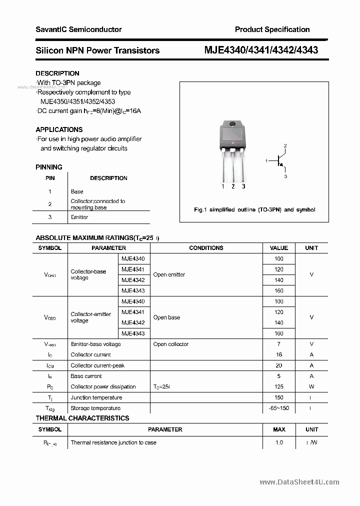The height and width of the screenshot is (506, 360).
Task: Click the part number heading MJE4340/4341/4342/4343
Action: [x=261, y=50]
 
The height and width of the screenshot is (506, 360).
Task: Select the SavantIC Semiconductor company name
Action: [x=78, y=29]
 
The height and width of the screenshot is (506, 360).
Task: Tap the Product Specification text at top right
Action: [x=272, y=29]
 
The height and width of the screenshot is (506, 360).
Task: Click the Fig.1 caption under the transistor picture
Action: [x=254, y=210]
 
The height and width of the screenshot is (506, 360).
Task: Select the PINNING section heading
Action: [x=49, y=167]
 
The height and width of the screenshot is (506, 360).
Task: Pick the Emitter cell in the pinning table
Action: [x=79, y=217]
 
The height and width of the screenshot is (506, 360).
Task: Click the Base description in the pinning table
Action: [x=77, y=191]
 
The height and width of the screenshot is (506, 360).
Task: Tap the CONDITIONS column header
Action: [x=206, y=248]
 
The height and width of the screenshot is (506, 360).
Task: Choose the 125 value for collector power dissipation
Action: [x=279, y=386]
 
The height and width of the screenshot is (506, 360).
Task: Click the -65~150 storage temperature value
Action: [x=279, y=408]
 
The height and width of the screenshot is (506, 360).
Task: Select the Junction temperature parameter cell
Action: [x=96, y=397]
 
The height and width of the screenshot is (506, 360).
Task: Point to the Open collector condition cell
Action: [x=171, y=344]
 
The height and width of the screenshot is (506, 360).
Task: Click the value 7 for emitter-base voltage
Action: [x=279, y=344]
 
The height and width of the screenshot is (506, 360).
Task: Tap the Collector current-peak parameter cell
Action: [x=97, y=365]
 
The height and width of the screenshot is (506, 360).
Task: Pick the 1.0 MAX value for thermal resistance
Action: [x=279, y=442]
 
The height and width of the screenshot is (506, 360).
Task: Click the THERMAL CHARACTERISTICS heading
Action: [x=82, y=418]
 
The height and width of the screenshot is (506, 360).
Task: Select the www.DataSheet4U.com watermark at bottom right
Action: [x=299, y=482]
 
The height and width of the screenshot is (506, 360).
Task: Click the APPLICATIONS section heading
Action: [x=59, y=129]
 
